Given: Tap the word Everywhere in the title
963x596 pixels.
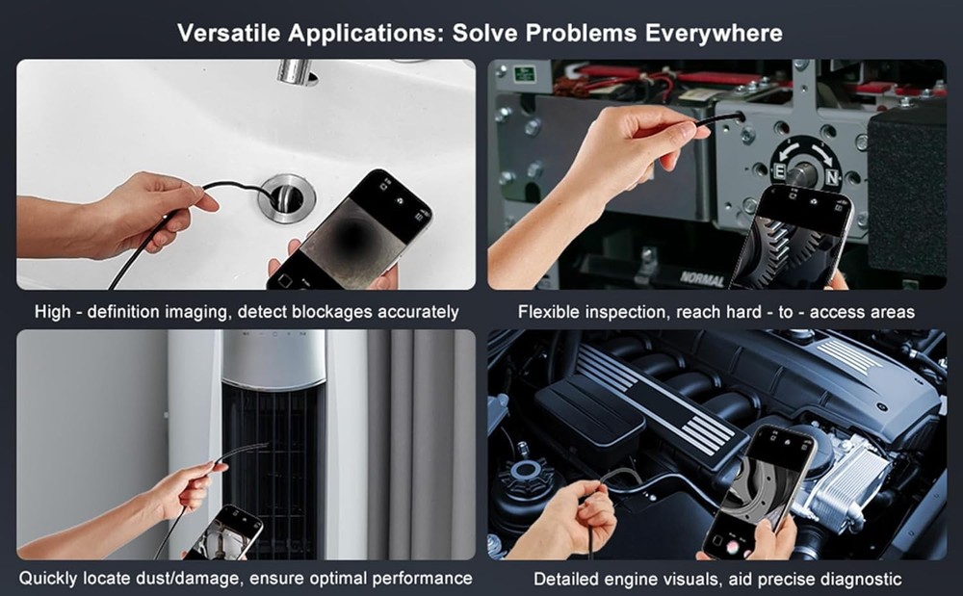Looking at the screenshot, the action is (x=714, y=33).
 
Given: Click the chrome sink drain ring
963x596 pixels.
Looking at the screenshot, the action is (x=287, y=197).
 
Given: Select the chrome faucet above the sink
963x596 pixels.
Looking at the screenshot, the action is (x=296, y=71).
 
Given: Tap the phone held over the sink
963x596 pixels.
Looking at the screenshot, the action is (x=349, y=231).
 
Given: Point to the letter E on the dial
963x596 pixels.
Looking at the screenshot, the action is (x=779, y=171).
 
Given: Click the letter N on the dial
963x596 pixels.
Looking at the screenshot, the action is (x=832, y=178).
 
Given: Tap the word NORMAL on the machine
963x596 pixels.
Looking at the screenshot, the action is (x=702, y=279).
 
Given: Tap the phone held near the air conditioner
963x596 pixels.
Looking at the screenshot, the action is (x=224, y=533).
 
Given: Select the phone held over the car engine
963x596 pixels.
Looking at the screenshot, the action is (x=760, y=491).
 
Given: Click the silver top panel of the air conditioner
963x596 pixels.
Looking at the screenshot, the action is (x=273, y=358).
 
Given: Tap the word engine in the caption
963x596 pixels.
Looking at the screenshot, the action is (x=634, y=580).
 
